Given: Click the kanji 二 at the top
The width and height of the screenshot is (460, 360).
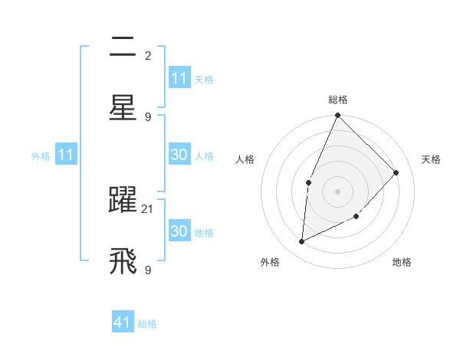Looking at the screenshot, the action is click(123, 48).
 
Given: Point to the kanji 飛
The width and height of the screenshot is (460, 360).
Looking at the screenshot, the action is click(123, 261).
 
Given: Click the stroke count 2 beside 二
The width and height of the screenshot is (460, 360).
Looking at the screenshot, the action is click(148, 56).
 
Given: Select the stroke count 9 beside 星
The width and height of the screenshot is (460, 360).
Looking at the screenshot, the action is click(148, 117).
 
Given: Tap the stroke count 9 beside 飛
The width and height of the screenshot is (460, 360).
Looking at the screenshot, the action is click(148, 270).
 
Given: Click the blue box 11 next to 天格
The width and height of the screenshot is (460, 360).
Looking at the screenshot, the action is click(179, 78).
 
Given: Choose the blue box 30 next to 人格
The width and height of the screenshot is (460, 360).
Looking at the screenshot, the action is click(179, 155).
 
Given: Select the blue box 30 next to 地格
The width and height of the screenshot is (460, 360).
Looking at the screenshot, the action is click(179, 231).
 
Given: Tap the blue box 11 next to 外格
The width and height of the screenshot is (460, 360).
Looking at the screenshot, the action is click(65, 155).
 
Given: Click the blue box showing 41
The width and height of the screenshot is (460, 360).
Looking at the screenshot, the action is click(123, 322).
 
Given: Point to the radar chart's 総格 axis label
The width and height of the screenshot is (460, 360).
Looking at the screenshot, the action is click(337, 100).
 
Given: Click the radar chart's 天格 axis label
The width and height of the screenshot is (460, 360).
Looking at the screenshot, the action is click(432, 159).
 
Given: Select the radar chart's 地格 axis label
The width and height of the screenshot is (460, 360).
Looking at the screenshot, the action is click(402, 262).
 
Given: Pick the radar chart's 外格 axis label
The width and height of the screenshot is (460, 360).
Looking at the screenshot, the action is click(270, 262).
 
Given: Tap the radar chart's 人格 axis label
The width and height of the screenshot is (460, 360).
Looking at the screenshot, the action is click(245, 159).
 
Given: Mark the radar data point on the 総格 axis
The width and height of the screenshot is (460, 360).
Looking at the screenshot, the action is click(337, 116).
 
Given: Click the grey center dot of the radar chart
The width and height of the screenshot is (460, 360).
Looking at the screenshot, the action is click(337, 191).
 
